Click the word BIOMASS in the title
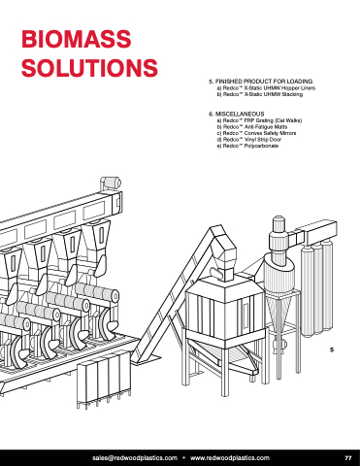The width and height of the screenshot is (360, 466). [x=77, y=39]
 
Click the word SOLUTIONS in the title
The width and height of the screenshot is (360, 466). [x=89, y=68]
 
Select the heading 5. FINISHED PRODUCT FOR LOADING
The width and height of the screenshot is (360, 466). [x=261, y=82]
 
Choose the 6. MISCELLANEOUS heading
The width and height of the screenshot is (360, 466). [x=237, y=114]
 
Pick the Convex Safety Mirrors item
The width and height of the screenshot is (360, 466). [x=256, y=133]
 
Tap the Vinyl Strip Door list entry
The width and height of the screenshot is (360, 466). [x=249, y=140]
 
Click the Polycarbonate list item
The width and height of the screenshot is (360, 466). [x=247, y=146]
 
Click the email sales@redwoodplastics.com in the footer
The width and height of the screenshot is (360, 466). [x=135, y=458]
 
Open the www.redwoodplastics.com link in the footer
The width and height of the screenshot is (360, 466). [x=230, y=458]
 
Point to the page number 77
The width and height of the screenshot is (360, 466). [x=348, y=458]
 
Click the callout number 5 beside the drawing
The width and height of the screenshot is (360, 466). [x=332, y=349]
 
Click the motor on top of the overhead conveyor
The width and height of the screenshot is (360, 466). [x=111, y=183]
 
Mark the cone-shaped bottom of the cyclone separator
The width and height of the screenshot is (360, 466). [x=278, y=313]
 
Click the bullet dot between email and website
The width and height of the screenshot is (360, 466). [x=184, y=458]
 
